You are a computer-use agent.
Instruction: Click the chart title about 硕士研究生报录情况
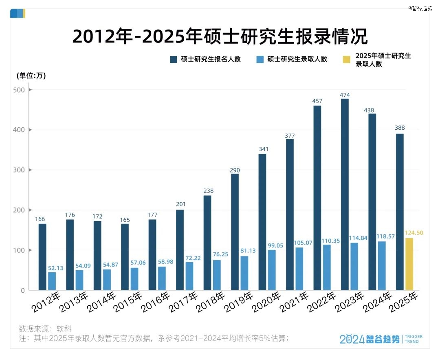tap(220, 37)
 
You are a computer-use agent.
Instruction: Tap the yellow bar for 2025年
tap(409, 264)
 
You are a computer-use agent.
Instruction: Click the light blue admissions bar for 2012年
tap(52, 281)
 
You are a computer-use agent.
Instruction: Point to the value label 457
tap(317, 101)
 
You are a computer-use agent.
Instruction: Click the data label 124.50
tap(414, 233)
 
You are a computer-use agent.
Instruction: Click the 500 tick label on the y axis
tap(20, 90)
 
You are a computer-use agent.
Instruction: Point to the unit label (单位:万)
tap(31, 75)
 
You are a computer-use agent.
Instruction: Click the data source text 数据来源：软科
tap(45, 328)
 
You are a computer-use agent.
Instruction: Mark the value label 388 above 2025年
tap(400, 128)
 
